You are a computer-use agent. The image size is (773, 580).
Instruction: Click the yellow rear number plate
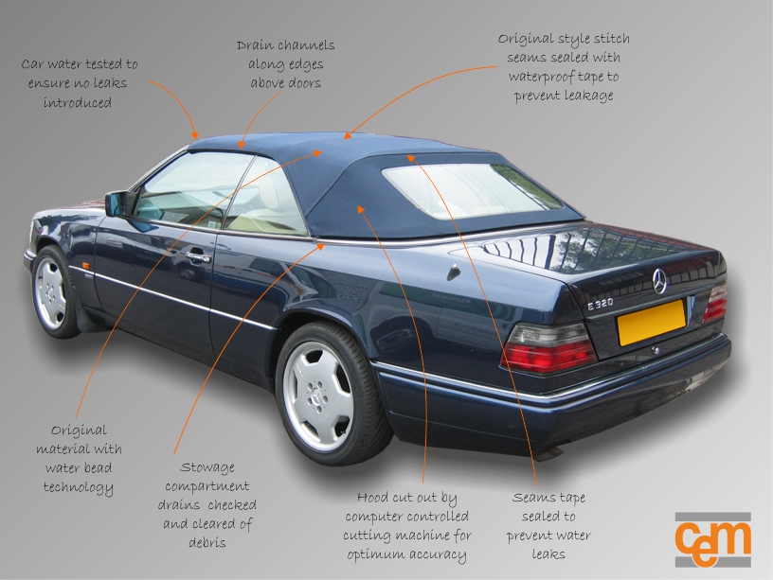pos(651,323)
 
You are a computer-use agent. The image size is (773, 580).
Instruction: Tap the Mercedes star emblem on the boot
pos(659,280)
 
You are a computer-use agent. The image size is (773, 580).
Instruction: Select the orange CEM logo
pos(712,539)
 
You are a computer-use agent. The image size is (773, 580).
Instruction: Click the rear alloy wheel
pos(318,395)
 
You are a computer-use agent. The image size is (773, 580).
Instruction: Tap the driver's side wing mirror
pos(120,203)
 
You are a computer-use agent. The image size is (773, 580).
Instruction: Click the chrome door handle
pos(198,255)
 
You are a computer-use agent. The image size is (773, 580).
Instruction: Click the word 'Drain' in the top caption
pos(257,45)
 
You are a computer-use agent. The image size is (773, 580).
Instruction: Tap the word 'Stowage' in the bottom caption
pos(207,467)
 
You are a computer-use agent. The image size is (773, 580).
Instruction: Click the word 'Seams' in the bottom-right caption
pos(533,499)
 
